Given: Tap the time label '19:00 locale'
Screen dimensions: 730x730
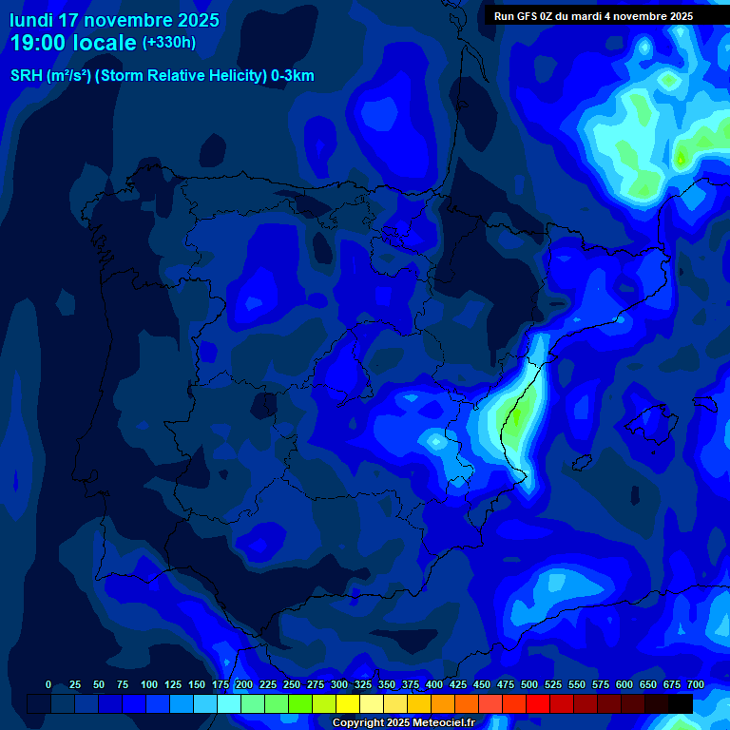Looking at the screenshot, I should [73, 43].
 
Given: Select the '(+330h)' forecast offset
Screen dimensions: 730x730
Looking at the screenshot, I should [169, 43].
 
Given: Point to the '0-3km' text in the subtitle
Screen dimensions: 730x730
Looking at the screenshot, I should [292, 76].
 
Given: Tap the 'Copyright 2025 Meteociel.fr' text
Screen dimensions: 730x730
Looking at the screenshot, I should [403, 722].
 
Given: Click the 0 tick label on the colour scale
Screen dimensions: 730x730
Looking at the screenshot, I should [48, 684].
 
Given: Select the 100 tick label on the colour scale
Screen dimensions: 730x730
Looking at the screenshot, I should [149, 684].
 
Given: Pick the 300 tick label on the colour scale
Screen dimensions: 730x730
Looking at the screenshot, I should [339, 684].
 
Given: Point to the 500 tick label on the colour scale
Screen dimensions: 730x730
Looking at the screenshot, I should [529, 684].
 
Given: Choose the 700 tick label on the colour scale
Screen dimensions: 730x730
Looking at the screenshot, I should [696, 684].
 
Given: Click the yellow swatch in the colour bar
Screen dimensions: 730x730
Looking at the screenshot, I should [348, 703].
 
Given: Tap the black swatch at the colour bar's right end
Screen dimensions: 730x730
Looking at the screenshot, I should [681, 703].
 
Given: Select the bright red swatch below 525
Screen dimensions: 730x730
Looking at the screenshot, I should [538, 703].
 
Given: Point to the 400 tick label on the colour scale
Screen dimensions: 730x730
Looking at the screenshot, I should [434, 684].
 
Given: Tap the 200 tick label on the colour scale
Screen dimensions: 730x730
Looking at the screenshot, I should [244, 684].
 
